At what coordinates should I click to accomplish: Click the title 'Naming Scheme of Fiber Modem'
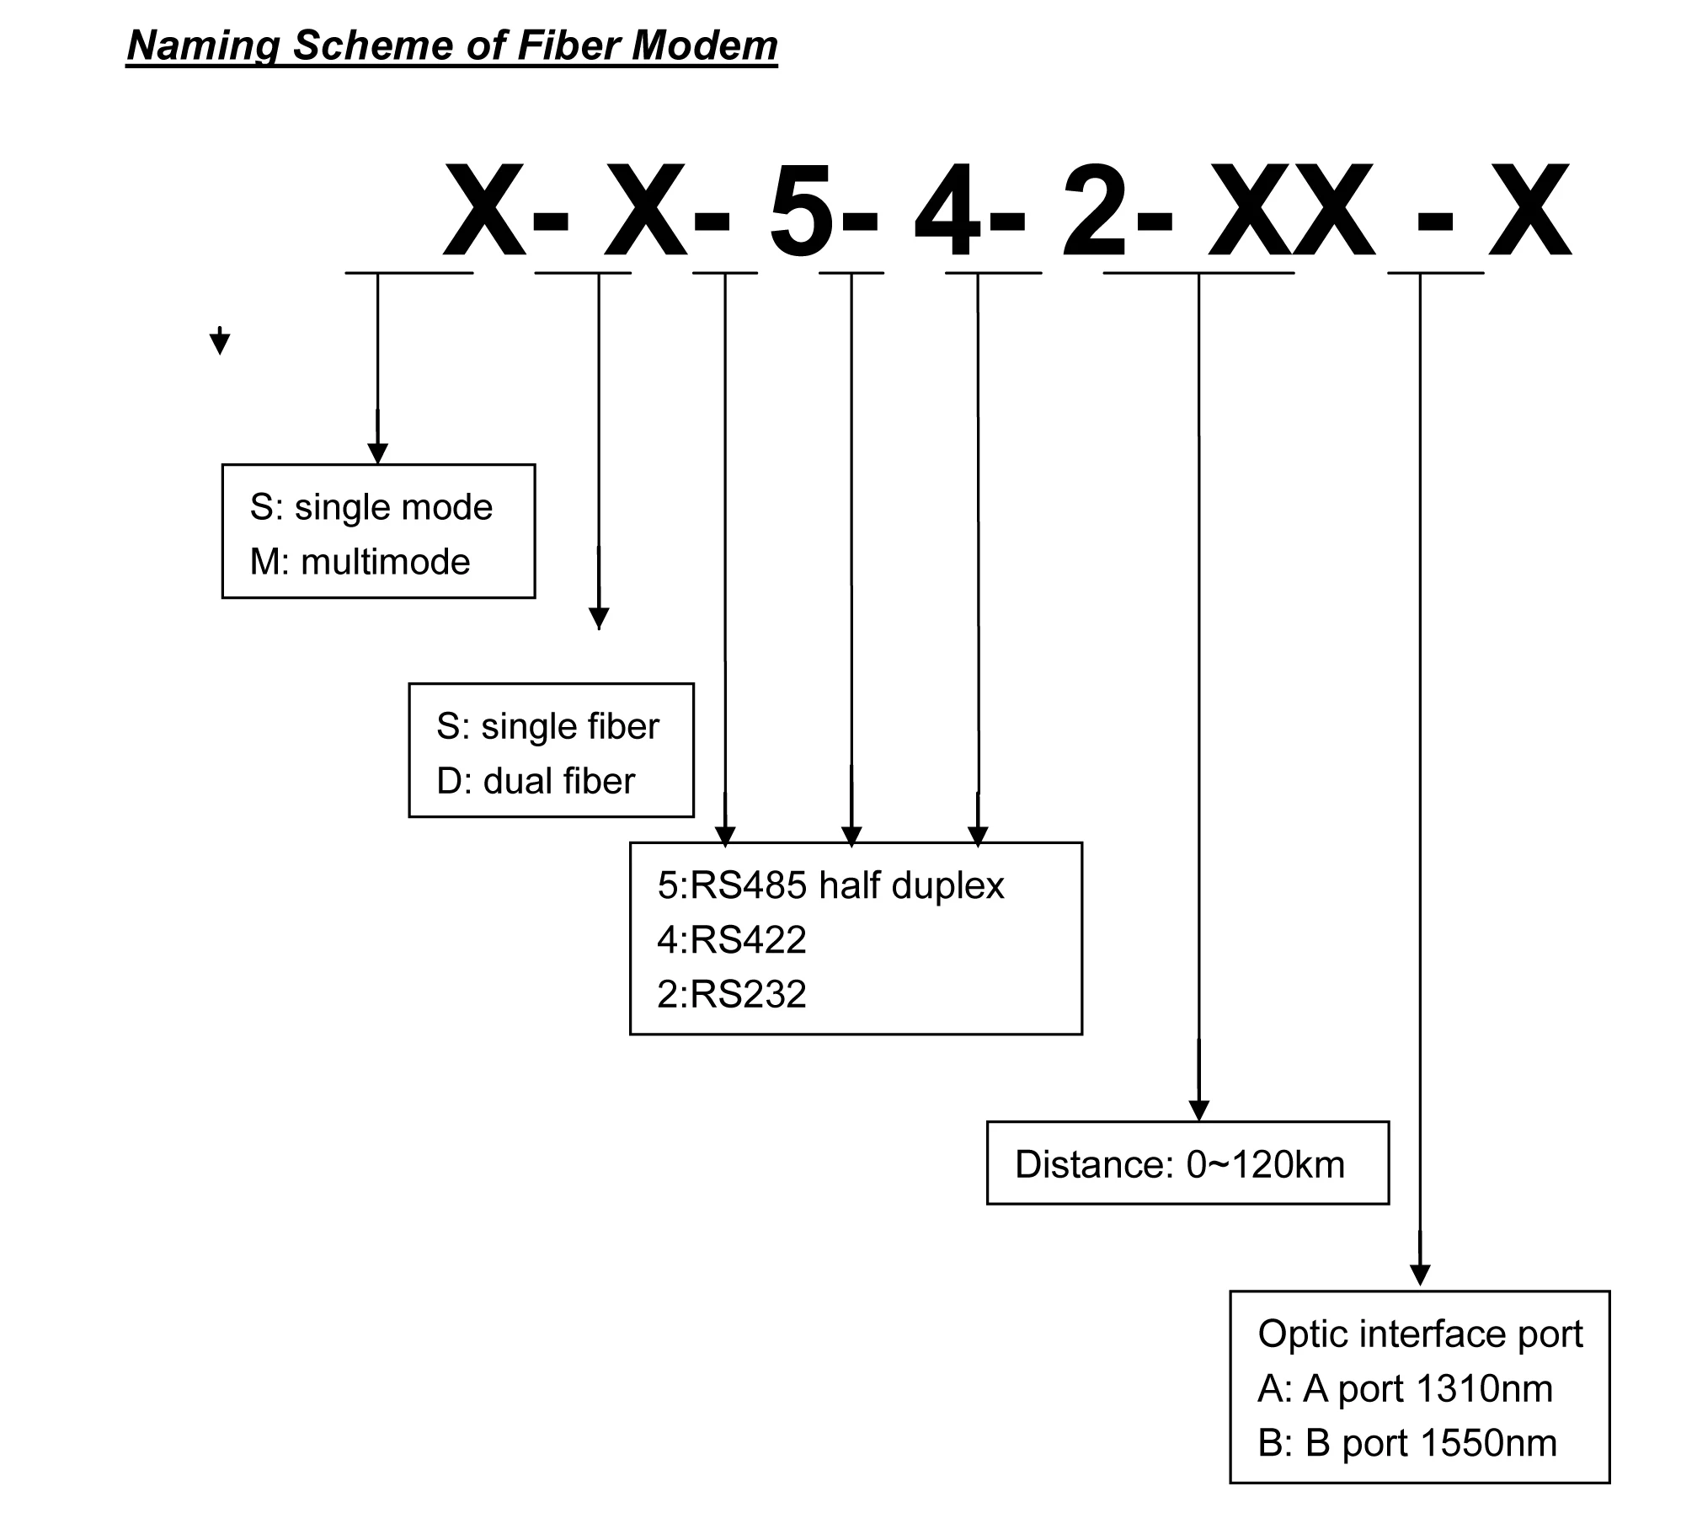click(x=451, y=45)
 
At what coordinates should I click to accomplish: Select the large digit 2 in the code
click(x=1094, y=212)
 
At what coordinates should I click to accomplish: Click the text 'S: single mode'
click(x=371, y=507)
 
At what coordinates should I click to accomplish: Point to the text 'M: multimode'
click(x=360, y=562)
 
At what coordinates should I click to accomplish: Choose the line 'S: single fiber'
click(x=547, y=726)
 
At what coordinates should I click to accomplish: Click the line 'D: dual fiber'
click(x=535, y=781)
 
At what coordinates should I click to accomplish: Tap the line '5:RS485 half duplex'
click(x=830, y=885)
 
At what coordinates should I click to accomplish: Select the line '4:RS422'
click(x=731, y=939)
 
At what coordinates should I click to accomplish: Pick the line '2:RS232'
click(x=731, y=994)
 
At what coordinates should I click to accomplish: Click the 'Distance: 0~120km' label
click(x=1179, y=1164)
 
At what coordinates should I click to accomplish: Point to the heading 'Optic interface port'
click(x=1420, y=1334)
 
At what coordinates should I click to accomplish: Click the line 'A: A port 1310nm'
click(x=1405, y=1388)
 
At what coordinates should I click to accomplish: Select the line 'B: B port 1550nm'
click(x=1406, y=1443)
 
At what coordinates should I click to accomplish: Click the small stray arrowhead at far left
click(x=220, y=343)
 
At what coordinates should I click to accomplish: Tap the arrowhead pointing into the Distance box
click(x=1199, y=1109)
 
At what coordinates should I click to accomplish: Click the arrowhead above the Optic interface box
click(x=1420, y=1275)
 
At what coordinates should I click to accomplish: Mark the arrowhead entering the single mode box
click(x=378, y=452)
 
